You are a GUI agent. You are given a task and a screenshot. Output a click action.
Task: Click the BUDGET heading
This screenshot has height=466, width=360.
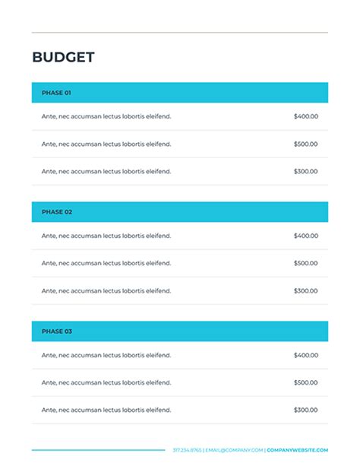63,58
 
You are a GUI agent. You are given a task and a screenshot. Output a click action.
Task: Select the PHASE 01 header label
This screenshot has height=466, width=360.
56,93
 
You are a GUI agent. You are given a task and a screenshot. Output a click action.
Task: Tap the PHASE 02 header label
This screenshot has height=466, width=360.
56,212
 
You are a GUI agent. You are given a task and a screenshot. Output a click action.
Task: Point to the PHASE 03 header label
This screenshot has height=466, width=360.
56,331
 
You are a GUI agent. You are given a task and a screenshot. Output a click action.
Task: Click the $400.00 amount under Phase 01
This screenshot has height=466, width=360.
305,116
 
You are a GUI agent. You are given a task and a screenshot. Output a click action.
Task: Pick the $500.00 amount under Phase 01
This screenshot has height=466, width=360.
305,144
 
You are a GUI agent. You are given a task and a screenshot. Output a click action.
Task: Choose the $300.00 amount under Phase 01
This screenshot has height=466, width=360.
305,171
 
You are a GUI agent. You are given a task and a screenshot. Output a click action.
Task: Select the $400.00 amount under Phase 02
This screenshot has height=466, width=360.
305,236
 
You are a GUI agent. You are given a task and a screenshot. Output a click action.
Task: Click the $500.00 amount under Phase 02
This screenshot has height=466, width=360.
305,263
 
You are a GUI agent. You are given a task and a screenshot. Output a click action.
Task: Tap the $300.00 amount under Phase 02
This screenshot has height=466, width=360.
305,290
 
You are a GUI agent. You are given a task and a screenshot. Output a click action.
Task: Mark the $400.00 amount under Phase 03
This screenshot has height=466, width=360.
305,355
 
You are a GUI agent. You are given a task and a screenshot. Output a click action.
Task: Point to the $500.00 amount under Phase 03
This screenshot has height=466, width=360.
305,382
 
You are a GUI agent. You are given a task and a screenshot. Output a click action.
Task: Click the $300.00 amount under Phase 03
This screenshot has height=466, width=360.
305,410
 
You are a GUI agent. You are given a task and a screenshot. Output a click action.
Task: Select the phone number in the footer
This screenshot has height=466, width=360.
187,450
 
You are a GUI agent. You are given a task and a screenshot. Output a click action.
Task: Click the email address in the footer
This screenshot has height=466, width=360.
235,450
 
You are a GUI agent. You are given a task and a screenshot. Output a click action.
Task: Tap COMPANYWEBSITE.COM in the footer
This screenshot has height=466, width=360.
298,450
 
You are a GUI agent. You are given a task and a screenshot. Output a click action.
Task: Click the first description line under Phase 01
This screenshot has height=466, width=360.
106,116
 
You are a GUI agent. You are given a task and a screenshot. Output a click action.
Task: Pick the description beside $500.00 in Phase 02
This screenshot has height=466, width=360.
106,263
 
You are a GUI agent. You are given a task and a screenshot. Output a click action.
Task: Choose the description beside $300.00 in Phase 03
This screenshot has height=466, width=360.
106,410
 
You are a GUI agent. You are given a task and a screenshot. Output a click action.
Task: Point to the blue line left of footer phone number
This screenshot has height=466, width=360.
99,450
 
